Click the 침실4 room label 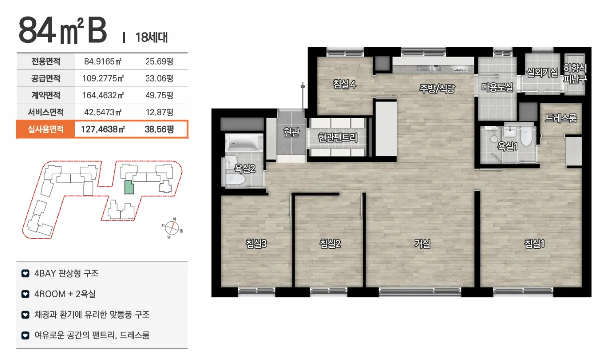point(344,84)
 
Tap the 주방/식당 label point(437,88)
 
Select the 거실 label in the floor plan point(422,243)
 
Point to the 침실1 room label point(534,243)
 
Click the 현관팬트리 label point(338,137)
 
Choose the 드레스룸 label point(561,118)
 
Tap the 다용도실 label point(497,87)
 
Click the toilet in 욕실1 point(526,136)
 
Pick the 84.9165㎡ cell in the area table point(103,62)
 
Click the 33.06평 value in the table point(159,78)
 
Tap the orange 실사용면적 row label point(46,129)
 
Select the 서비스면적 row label point(46,112)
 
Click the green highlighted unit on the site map point(129,187)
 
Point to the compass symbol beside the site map point(172,228)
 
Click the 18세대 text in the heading point(151,38)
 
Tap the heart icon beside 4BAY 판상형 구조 point(25,273)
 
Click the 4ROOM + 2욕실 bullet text point(65,294)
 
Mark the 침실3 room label point(256,243)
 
